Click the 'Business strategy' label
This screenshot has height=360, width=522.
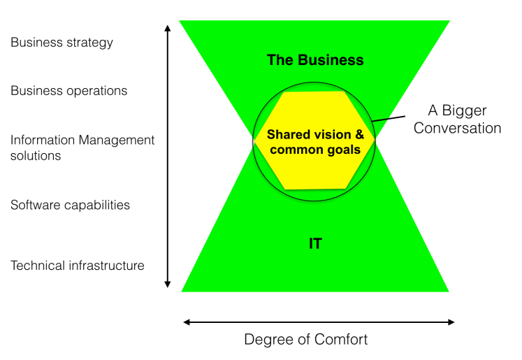coord(61,43)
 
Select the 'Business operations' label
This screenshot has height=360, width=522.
coord(68,91)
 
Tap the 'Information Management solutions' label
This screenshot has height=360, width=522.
coord(82,147)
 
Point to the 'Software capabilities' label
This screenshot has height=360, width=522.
coord(70,205)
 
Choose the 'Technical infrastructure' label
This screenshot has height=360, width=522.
coord(77,266)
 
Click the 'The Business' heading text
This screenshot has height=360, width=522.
coord(315,60)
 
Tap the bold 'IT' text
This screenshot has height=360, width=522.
coord(314,244)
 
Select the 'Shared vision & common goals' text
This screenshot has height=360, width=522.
coord(315,141)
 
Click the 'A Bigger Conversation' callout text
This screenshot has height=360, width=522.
coord(457,120)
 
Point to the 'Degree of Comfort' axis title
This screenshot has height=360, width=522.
coord(305,340)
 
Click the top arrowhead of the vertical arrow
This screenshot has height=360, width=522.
coord(167,29)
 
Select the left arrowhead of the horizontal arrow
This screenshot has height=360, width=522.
coord(187,322)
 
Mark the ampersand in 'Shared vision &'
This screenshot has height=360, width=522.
coord(359,134)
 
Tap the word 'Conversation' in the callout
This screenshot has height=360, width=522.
coord(458,128)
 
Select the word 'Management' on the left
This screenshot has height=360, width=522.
coord(120,140)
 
